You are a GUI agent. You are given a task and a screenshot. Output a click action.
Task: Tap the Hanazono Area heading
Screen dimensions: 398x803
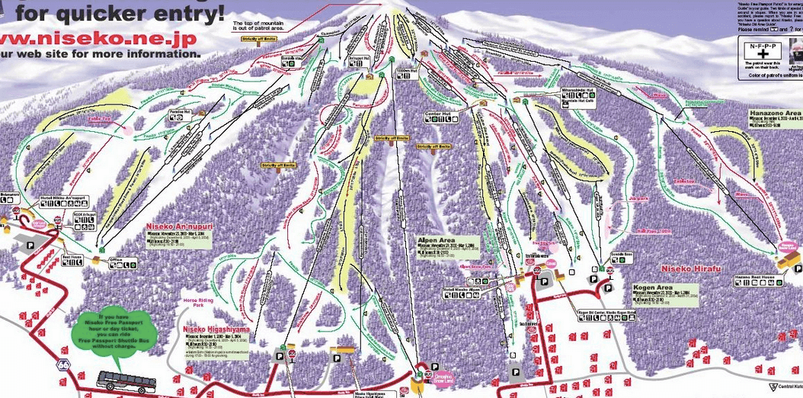coord(775,112)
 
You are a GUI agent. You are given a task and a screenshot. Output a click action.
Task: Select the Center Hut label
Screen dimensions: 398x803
coord(437,114)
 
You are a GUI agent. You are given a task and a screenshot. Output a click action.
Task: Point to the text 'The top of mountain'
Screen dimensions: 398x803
coord(258,25)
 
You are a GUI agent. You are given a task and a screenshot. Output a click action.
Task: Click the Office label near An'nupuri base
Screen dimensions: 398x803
coord(116,259)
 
